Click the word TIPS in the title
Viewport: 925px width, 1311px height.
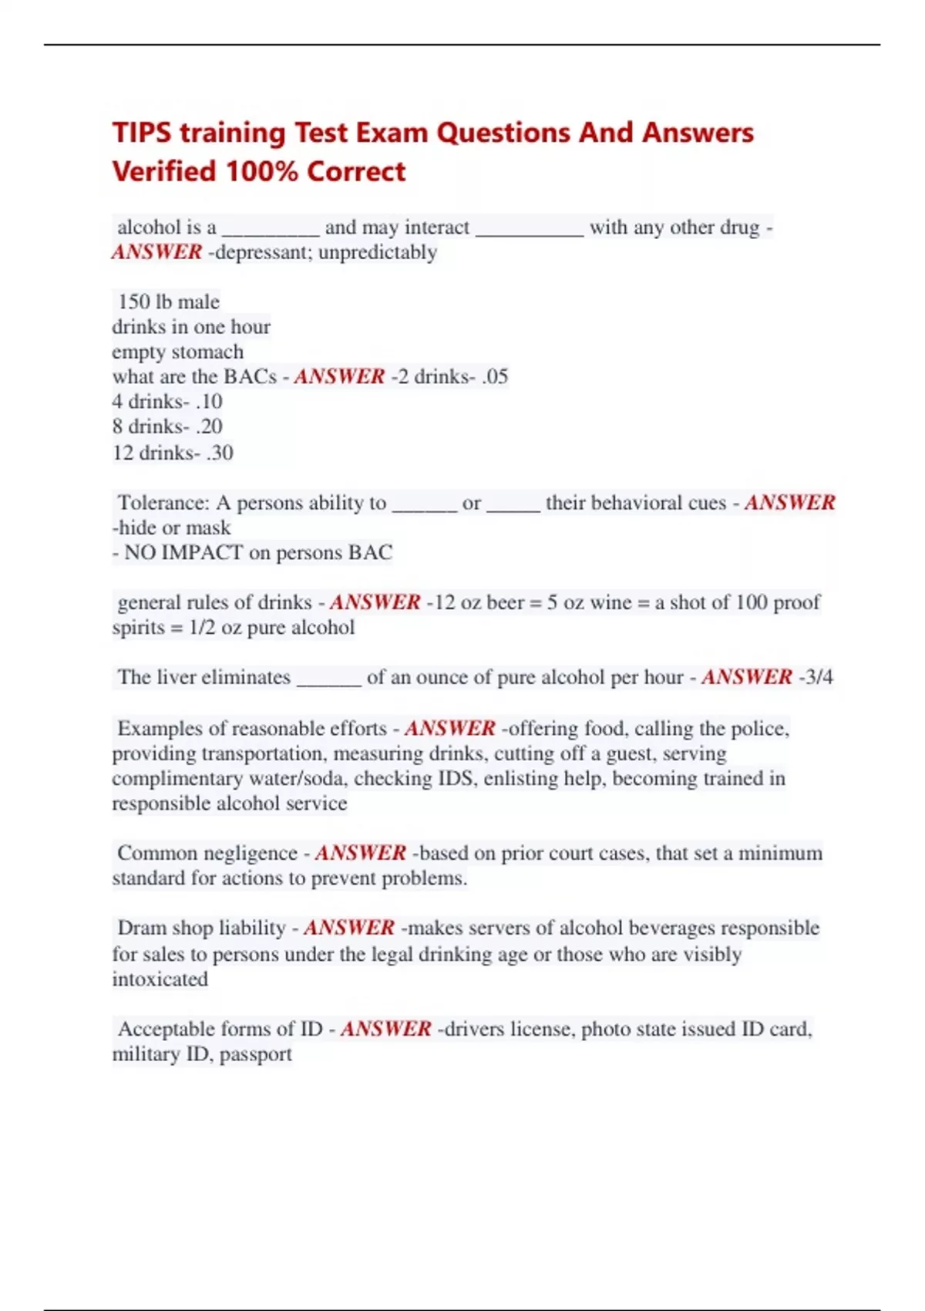(x=142, y=133)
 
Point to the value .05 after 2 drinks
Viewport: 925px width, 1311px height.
(x=493, y=376)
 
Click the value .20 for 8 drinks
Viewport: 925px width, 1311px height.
(x=209, y=426)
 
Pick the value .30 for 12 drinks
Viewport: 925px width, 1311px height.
(x=220, y=452)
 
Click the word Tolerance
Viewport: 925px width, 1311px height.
(x=163, y=503)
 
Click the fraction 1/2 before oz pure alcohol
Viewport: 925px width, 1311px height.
(x=202, y=627)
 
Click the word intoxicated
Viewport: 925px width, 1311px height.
(x=160, y=979)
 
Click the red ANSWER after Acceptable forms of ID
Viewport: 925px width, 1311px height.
(x=385, y=1029)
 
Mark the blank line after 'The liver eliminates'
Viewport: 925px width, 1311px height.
(x=328, y=679)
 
